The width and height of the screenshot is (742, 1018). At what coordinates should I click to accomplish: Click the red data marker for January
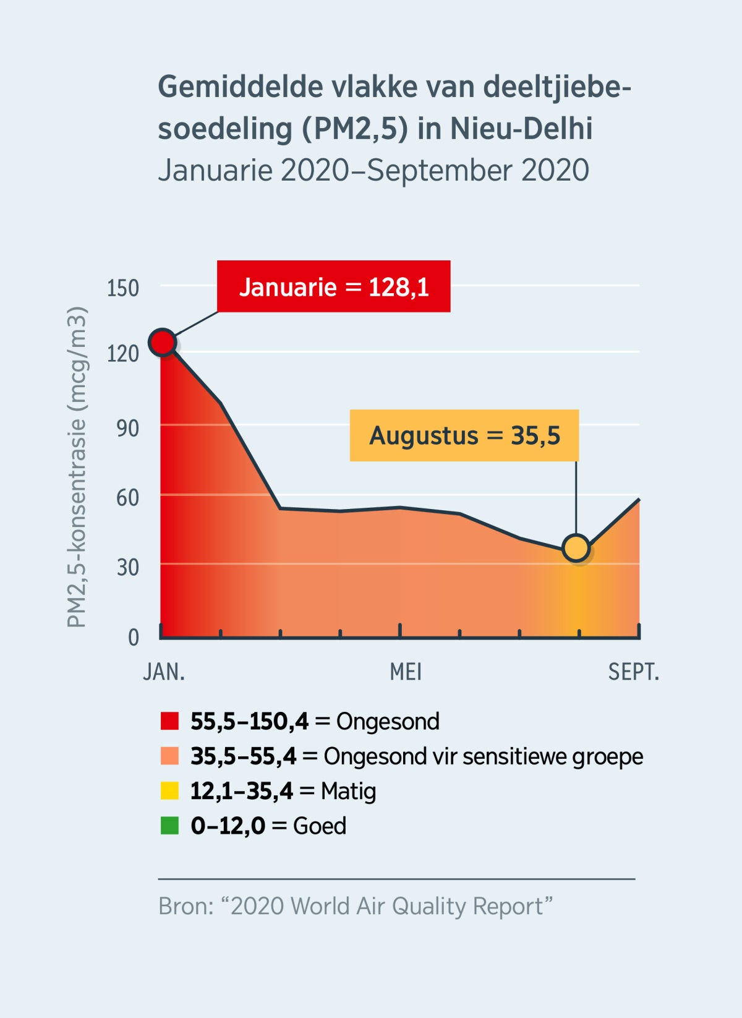tap(163, 342)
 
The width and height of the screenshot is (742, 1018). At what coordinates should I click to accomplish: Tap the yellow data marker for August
tap(576, 548)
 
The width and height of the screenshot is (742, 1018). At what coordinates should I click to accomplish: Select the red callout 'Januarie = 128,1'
tap(333, 287)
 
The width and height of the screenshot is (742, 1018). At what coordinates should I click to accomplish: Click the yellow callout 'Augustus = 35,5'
tap(464, 435)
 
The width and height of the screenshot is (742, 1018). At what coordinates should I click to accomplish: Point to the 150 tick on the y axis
tap(123, 288)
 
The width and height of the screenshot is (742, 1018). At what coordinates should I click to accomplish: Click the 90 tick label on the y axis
tap(127, 428)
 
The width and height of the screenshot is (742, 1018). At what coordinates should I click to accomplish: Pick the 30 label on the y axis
tap(127, 567)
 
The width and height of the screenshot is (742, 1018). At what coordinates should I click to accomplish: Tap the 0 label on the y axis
tap(133, 637)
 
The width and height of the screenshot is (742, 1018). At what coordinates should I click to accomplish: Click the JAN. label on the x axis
tap(164, 672)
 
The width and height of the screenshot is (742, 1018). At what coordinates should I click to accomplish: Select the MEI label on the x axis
tap(406, 672)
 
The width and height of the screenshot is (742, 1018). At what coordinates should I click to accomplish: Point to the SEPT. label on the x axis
tap(633, 672)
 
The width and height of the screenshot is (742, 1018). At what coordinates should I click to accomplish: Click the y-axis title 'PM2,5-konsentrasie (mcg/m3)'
tap(77, 468)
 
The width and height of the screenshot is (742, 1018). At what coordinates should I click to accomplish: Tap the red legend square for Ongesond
tap(169, 721)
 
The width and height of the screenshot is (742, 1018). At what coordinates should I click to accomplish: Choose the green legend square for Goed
tap(169, 826)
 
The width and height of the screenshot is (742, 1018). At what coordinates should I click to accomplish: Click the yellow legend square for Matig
tap(169, 791)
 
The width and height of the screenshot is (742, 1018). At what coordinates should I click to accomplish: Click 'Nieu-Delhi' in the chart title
tap(521, 129)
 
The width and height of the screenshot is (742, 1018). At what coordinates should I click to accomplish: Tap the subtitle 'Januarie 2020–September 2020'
tap(373, 171)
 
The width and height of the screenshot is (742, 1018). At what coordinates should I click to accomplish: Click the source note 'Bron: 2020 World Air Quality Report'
tap(355, 906)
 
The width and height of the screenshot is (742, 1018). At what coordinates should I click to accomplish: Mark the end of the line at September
tap(639, 499)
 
